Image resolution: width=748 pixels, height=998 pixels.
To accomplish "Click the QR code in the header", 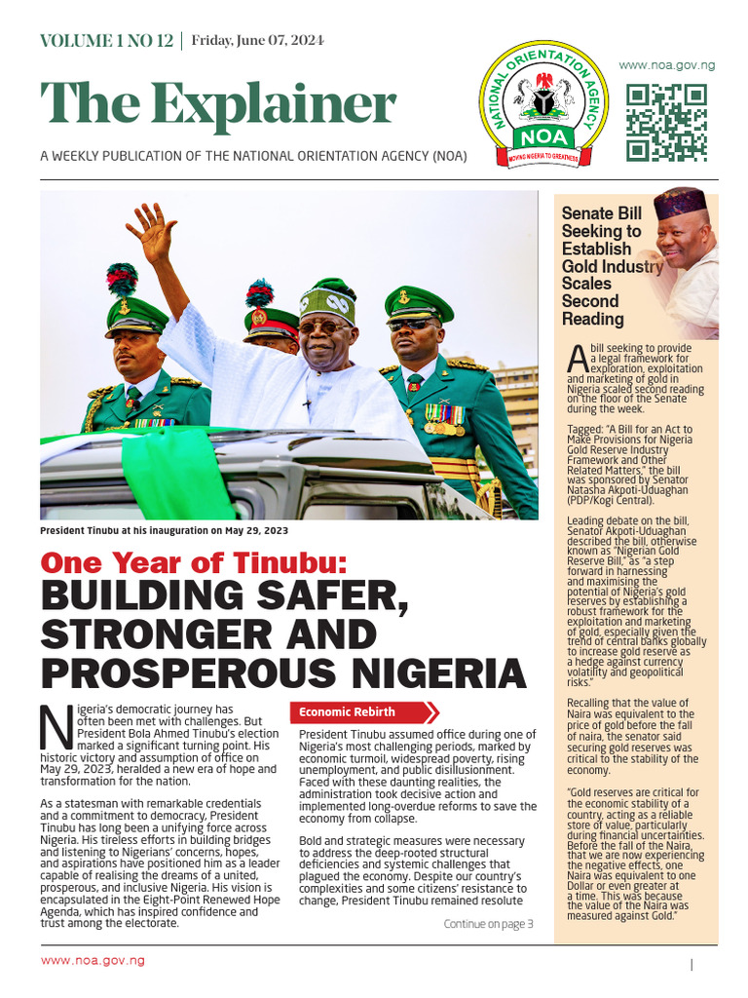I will point(665,122).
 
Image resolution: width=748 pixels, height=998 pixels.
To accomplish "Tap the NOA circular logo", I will point(543,109).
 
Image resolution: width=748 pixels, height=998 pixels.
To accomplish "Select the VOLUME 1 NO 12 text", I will point(106,41).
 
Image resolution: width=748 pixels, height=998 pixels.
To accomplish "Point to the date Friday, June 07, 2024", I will point(257,41).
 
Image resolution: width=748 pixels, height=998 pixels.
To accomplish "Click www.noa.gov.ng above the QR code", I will point(667,65).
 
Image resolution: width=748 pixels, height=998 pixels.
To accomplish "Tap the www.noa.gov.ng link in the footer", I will point(93,960).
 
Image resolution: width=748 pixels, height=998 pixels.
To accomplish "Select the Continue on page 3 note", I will point(488,924).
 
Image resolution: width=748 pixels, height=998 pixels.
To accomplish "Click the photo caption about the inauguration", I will point(164,531).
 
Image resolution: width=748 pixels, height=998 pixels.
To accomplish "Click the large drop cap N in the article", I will point(56,725).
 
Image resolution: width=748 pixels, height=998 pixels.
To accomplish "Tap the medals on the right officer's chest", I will point(444,419).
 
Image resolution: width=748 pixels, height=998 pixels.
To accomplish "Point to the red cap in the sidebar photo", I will point(680,202).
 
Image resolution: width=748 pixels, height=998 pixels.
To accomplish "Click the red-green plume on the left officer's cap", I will point(122,280).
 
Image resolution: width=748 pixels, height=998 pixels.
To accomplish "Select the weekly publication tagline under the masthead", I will point(253,156).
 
